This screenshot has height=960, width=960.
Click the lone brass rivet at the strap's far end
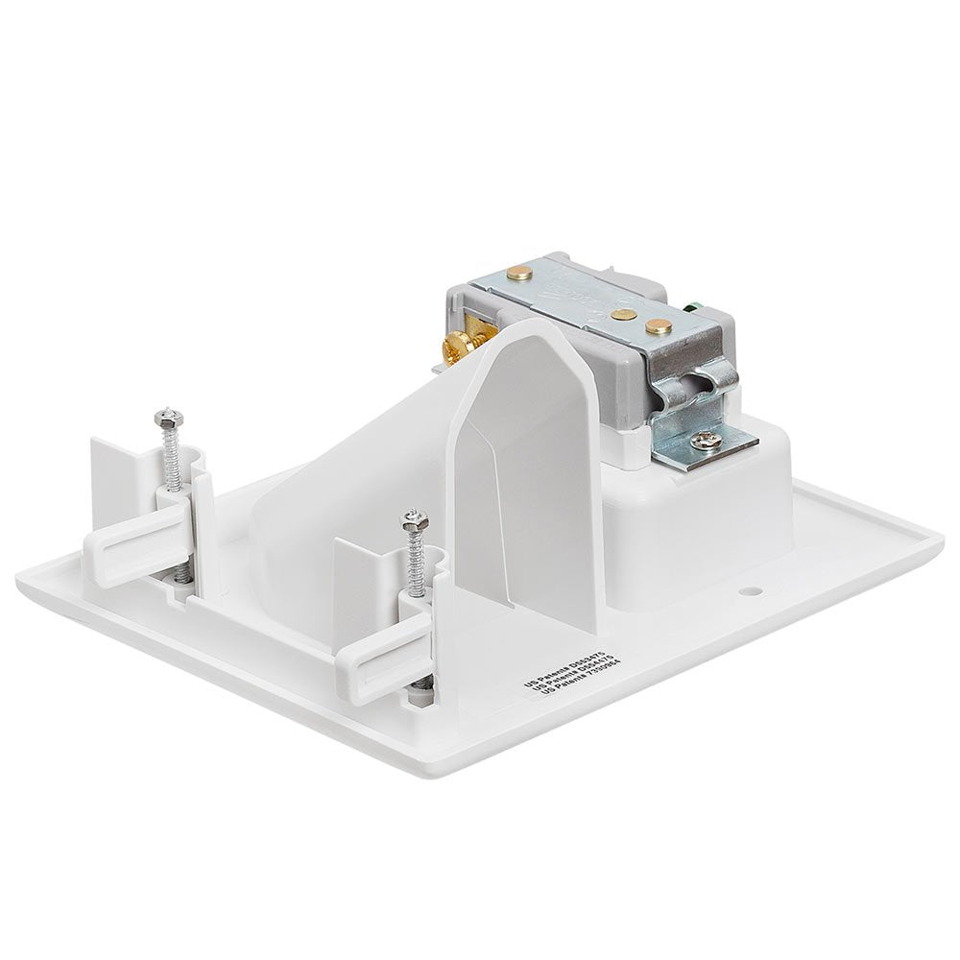coord(524,272)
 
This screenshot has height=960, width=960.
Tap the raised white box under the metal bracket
coord(710,509)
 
